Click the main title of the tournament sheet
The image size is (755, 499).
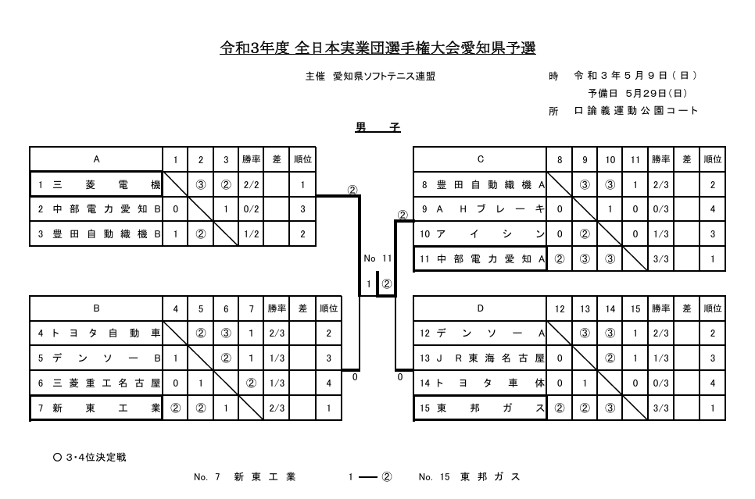coord(377,48)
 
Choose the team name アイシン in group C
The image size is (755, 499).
coord(480,233)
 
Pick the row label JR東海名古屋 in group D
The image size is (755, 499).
coord(480,358)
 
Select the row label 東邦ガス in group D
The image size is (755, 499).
coord(480,408)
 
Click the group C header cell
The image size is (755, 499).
coord(480,159)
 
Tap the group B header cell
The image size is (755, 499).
coord(96,308)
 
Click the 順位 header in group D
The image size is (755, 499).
coord(712,308)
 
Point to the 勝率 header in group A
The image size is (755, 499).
coord(251,159)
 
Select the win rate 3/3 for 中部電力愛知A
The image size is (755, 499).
coord(660,258)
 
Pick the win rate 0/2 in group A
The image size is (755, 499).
coord(251,209)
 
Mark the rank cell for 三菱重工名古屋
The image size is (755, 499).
coord(328,383)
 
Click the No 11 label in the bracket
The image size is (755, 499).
coord(377,258)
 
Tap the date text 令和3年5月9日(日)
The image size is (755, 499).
coord(635,76)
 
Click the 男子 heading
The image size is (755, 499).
coord(377,127)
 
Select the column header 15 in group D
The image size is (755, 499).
coord(635,308)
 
